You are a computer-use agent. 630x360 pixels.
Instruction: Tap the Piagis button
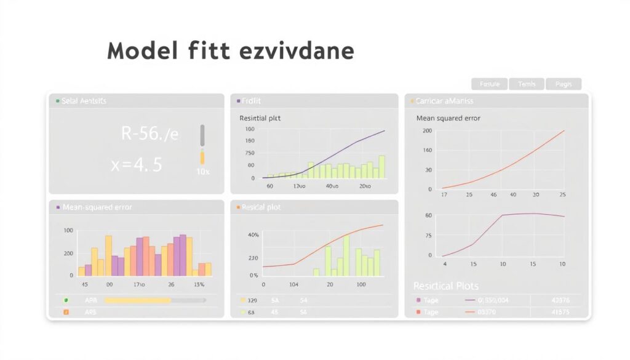pos(563,84)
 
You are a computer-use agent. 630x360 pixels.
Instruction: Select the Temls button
pos(526,84)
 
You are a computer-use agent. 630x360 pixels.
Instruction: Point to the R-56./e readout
pos(150,134)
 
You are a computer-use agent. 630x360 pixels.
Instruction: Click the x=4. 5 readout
pos(136,164)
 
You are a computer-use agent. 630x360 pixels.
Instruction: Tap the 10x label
pos(202,172)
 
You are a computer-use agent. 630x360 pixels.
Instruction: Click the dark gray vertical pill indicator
pos(202,135)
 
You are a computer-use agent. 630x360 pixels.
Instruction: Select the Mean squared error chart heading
pos(448,118)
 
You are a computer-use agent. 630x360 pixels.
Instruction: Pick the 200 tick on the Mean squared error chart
pos(427,131)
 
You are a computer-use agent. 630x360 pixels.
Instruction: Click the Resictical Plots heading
pos(445,286)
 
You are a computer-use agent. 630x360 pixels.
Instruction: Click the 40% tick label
pos(253,235)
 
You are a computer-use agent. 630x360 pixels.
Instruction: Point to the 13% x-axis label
pos(199,285)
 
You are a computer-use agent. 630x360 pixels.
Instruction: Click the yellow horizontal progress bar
pos(138,300)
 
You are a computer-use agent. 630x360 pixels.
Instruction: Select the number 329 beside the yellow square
pos(252,300)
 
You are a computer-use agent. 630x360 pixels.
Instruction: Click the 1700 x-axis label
pos(138,285)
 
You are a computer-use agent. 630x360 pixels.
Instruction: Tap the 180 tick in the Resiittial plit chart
pos(250,141)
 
